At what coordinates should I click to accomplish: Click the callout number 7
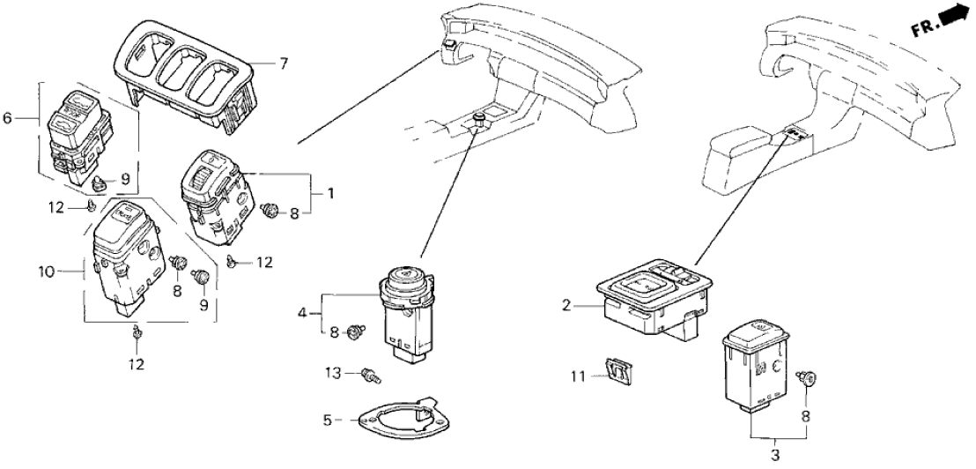point(284,63)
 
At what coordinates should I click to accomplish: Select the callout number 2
point(567,306)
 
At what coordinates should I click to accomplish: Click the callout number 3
point(776,455)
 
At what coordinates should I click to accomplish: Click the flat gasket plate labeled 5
point(393,419)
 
